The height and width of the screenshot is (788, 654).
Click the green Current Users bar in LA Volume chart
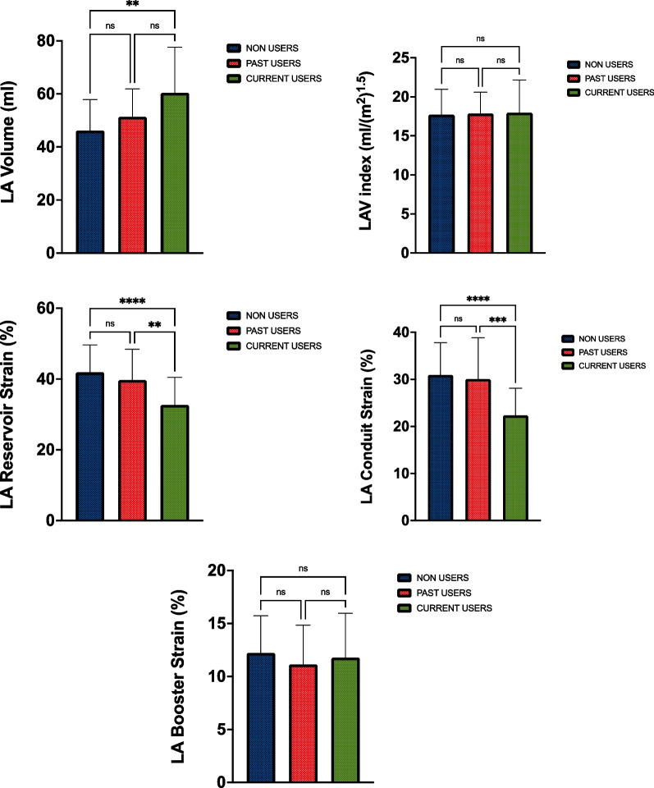click(174, 173)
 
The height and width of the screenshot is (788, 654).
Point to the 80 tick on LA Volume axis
click(54, 41)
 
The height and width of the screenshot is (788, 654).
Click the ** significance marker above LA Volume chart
click(132, 4)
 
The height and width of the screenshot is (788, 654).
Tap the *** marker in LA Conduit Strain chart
click(499, 318)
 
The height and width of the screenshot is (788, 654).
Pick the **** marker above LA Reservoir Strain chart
click(132, 290)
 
